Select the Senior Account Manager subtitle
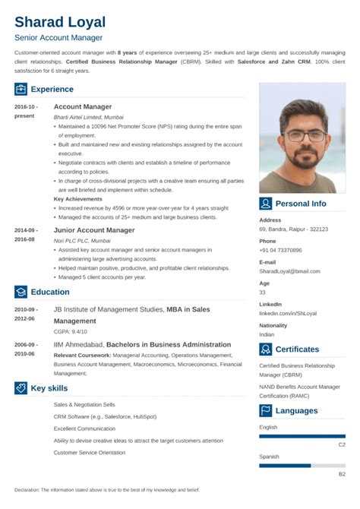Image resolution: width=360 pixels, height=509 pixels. [58, 37]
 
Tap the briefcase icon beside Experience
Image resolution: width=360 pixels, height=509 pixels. [21, 90]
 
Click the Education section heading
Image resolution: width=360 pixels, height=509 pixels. [50, 292]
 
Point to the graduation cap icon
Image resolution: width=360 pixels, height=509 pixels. [21, 292]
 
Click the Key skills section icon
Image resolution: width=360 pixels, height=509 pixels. [21, 387]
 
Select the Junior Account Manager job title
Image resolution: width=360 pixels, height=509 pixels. [94, 229]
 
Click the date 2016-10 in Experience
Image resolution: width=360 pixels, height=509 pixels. [25, 107]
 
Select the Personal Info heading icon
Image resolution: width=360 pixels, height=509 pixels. [266, 204]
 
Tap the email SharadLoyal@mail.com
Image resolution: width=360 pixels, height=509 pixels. [289, 271]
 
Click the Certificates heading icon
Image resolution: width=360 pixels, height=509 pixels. [266, 349]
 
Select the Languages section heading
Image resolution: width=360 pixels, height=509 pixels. [297, 411]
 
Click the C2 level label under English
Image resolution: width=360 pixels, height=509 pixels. [342, 444]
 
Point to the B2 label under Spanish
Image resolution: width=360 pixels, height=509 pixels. [342, 474]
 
